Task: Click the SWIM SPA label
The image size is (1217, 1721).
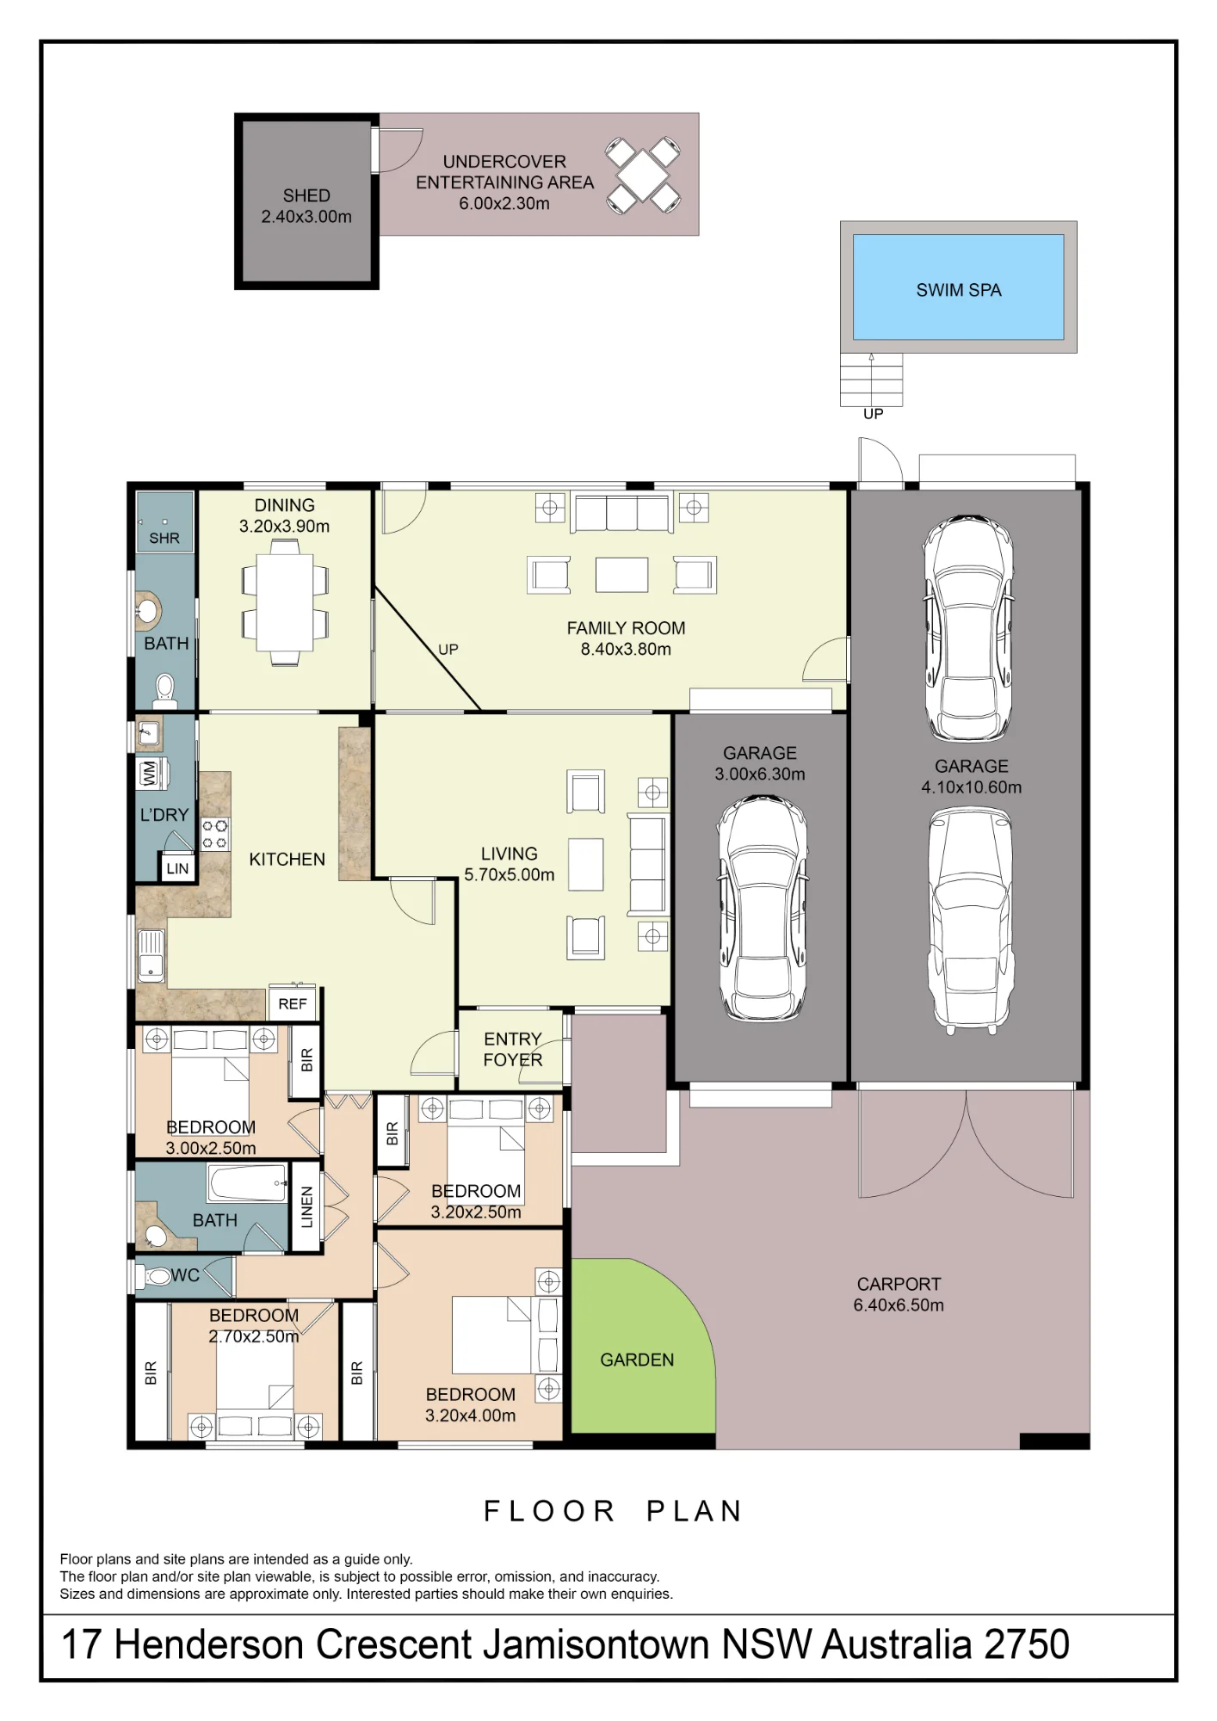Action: [959, 290]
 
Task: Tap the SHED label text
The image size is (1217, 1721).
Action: [306, 195]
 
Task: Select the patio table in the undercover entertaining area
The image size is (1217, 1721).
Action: [643, 176]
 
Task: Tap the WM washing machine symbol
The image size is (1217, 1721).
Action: [149, 773]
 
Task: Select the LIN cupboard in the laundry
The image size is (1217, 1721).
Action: [177, 868]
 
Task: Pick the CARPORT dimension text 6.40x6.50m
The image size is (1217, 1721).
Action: [899, 1305]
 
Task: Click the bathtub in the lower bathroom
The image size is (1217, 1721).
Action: [247, 1182]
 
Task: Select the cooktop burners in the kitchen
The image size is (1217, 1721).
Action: [215, 835]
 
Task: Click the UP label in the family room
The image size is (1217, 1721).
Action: [448, 650]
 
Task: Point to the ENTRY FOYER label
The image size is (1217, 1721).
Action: [512, 1049]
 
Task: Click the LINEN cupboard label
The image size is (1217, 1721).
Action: [307, 1206]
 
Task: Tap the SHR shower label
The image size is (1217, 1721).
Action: [164, 539]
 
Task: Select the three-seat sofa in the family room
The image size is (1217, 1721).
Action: [622, 514]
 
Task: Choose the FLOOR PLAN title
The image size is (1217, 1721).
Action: [613, 1511]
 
